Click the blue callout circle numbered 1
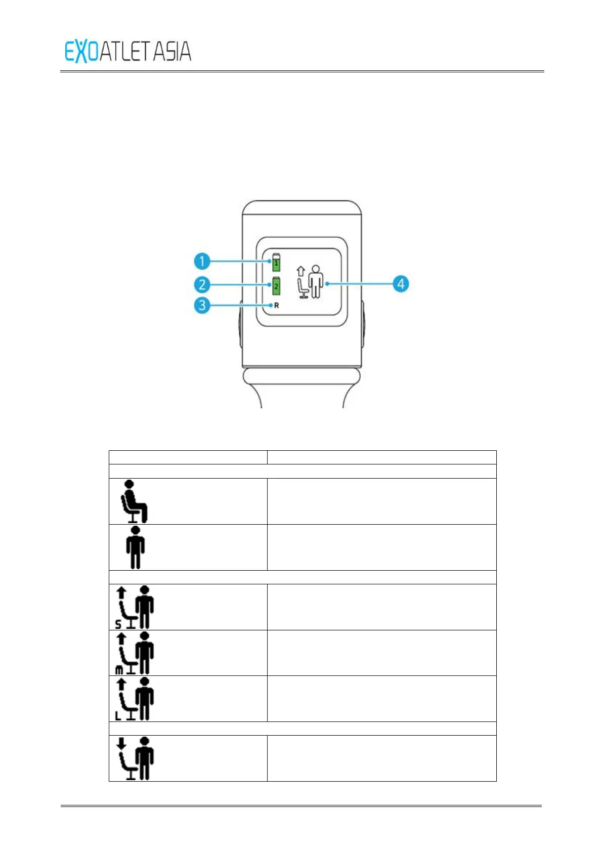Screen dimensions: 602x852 coord(202,262)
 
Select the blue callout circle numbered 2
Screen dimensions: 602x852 coord(202,285)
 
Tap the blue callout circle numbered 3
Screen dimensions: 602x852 coord(202,306)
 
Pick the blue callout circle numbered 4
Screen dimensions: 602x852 coord(401,284)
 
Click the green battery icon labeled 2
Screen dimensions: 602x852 coord(276,286)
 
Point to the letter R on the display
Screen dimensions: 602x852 coord(276,306)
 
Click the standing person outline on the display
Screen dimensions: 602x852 coord(316,281)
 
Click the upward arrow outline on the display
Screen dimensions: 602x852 coord(300,271)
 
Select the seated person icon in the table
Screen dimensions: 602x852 coord(134,501)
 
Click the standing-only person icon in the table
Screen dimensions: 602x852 coord(135,547)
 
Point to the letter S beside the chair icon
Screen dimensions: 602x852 coord(118,624)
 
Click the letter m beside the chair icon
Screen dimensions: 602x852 coord(119,670)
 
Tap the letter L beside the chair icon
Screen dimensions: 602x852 coord(118,716)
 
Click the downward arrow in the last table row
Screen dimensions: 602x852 coord(121,743)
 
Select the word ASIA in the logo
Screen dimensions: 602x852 coord(172,52)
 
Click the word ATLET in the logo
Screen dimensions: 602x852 coord(125,52)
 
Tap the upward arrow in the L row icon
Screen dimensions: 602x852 coord(121,684)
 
